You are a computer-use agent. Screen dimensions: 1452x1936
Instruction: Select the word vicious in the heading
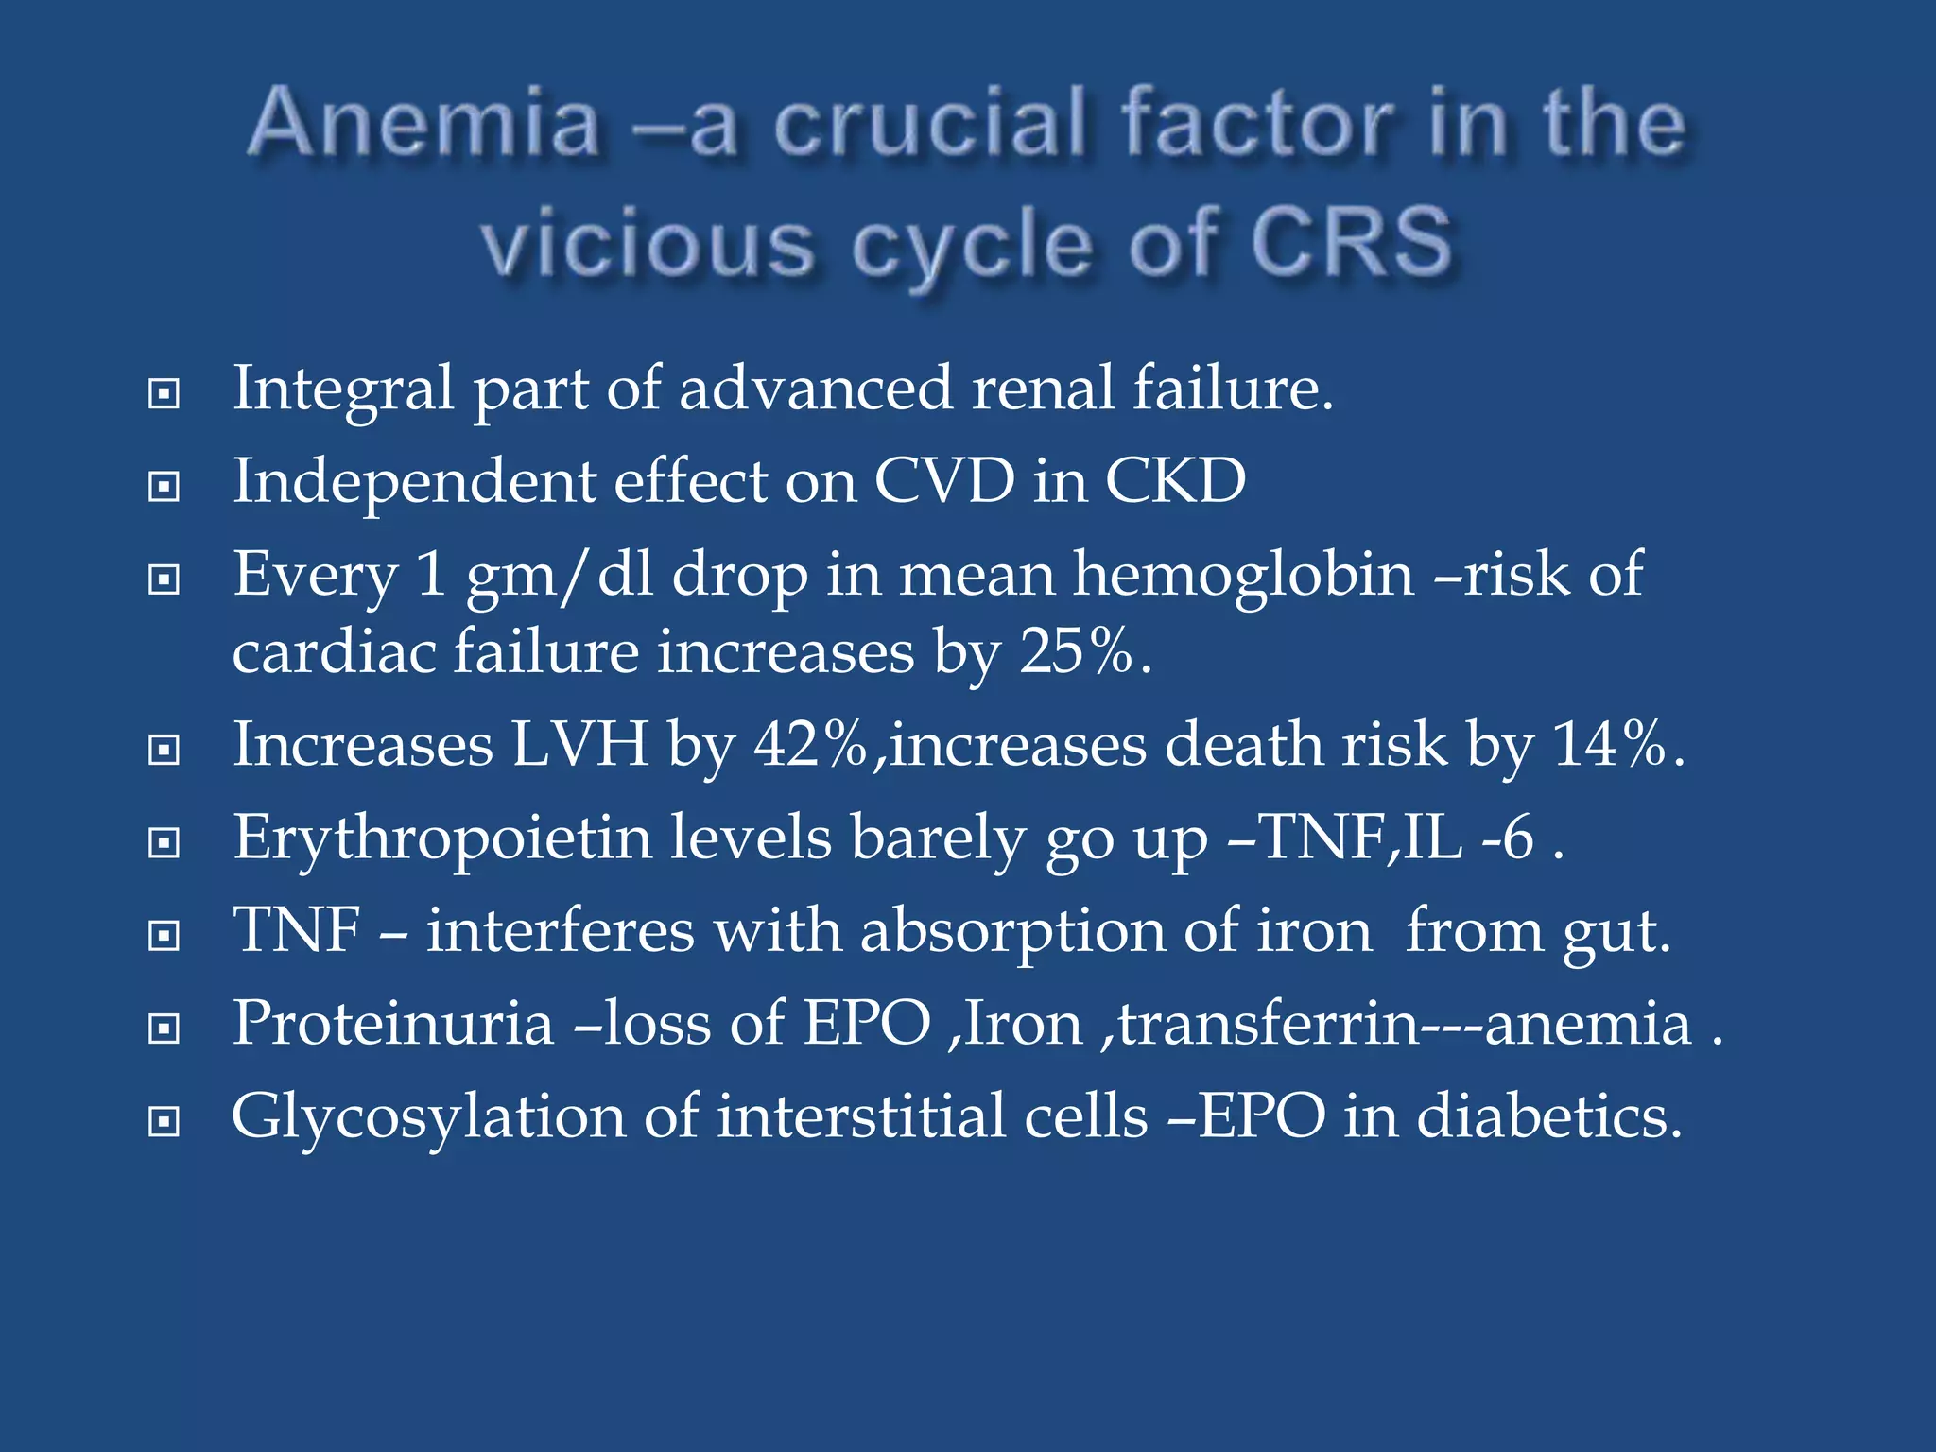click(648, 243)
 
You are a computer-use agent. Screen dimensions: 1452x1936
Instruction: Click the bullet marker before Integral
click(164, 393)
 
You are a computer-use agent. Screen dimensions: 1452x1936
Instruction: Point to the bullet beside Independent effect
click(164, 487)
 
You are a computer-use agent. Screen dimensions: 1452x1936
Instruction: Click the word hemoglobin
click(1243, 575)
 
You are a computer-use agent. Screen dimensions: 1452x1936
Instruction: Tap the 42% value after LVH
click(810, 745)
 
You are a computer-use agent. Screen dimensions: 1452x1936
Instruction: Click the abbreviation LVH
click(580, 745)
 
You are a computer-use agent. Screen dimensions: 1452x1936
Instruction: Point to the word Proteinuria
click(392, 1024)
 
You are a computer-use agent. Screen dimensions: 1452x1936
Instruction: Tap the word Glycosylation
click(428, 1117)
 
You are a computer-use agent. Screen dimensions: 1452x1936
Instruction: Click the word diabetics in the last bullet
click(1549, 1117)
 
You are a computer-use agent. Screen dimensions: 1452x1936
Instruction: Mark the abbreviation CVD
click(944, 481)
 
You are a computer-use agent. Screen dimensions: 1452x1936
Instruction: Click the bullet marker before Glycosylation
click(164, 1122)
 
